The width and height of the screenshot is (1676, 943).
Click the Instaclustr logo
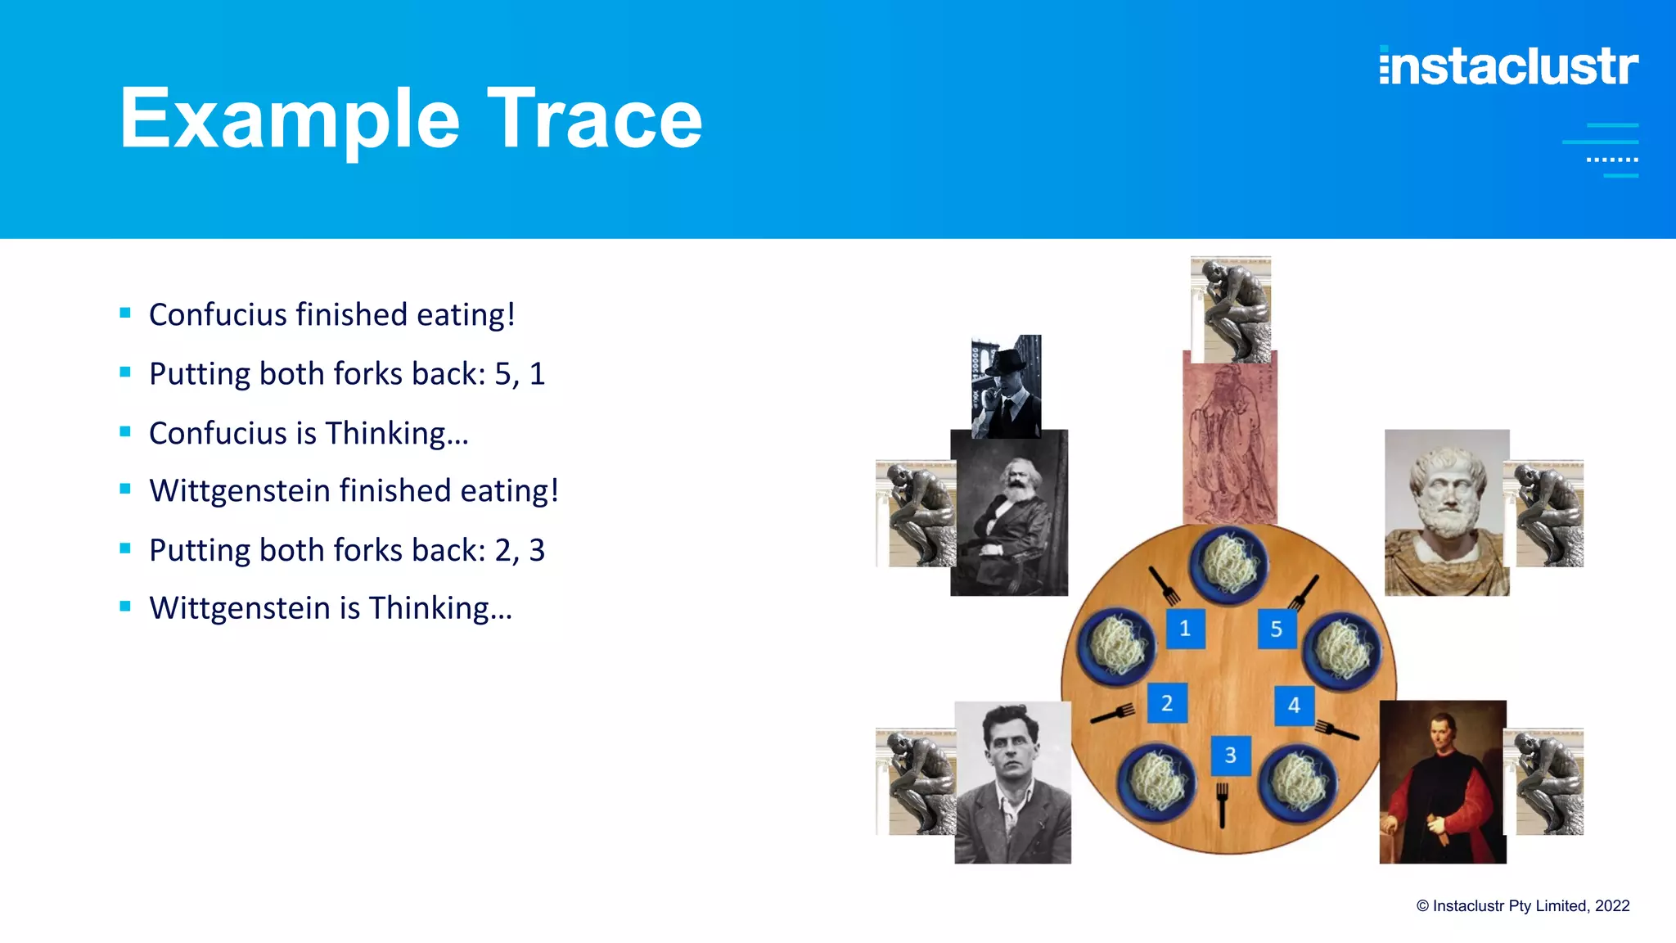pyautogui.click(x=1508, y=66)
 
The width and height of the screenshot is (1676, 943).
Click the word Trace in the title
pyautogui.click(x=594, y=120)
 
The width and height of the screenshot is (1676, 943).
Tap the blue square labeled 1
pyautogui.click(x=1184, y=629)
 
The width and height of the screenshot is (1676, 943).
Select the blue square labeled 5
pyautogui.click(x=1276, y=629)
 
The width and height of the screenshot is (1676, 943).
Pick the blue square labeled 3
pyautogui.click(x=1230, y=755)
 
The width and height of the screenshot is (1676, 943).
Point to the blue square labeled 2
pyautogui.click(x=1167, y=703)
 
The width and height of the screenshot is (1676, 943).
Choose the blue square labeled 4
pyautogui.click(x=1294, y=705)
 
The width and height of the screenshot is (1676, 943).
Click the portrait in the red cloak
pyautogui.click(x=1442, y=782)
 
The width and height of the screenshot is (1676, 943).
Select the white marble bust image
pyautogui.click(x=1446, y=512)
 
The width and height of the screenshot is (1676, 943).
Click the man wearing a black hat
pyautogui.click(x=1006, y=386)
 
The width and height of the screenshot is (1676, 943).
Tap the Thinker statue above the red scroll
pyautogui.click(x=1231, y=309)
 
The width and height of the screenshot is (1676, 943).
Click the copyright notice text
pyautogui.click(x=1522, y=905)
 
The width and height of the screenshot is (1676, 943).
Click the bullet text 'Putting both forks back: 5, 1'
pyautogui.click(x=347, y=374)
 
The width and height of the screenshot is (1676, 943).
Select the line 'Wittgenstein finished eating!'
pyautogui.click(x=354, y=491)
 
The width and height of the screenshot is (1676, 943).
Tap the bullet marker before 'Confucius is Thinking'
pyautogui.click(x=125, y=431)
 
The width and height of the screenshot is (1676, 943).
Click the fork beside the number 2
pyautogui.click(x=1114, y=714)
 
